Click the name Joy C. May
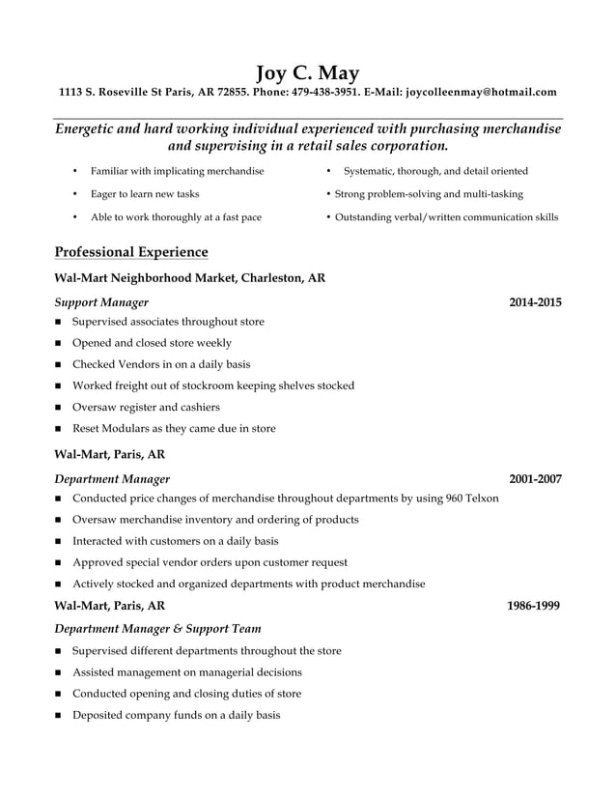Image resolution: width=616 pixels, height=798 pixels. [x=307, y=72]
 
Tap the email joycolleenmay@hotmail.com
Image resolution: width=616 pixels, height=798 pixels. [x=481, y=93]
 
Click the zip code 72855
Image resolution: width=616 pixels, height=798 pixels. [x=233, y=93]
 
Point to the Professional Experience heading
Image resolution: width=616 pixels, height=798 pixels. [x=131, y=252]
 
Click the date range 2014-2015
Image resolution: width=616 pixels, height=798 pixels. [x=535, y=302]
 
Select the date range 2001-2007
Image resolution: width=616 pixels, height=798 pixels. [x=535, y=478]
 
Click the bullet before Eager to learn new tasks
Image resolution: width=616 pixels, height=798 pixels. [x=74, y=194]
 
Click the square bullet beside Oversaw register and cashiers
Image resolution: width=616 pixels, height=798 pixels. [x=59, y=408]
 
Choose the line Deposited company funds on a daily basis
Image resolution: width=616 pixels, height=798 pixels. [x=176, y=715]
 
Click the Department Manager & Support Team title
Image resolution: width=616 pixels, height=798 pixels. [x=144, y=628]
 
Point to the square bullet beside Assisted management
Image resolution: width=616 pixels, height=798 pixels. [x=59, y=672]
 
